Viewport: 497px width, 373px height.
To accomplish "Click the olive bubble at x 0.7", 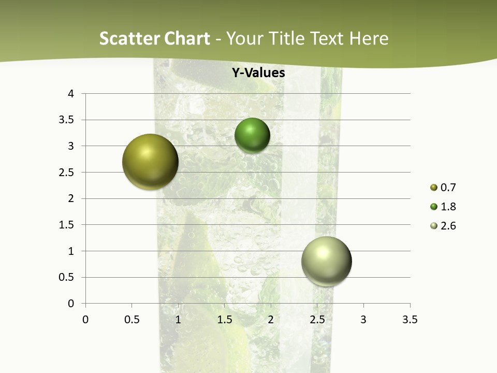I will click(150, 162).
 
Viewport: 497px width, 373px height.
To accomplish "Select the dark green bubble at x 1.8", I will click(252, 136).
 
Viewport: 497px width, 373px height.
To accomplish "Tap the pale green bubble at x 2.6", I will click(326, 261).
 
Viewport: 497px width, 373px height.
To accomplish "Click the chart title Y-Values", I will click(258, 73).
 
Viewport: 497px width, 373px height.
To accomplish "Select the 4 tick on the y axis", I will click(71, 94).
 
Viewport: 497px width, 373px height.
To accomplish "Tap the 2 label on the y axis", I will click(71, 198).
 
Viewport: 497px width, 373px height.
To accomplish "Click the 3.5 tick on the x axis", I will click(410, 320).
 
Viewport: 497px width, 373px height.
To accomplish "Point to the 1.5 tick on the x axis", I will click(224, 320).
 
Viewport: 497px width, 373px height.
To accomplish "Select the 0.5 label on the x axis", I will click(131, 320).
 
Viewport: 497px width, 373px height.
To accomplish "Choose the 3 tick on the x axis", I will click(363, 320).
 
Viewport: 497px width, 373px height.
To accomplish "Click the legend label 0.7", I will click(448, 188).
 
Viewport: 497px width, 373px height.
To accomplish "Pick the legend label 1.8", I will click(448, 207).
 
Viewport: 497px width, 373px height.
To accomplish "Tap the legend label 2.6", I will click(448, 226).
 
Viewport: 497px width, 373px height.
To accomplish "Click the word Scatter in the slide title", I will click(129, 38).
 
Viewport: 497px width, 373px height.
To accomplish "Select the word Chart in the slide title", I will click(186, 38).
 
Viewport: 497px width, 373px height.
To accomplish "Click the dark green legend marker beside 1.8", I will click(434, 207).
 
